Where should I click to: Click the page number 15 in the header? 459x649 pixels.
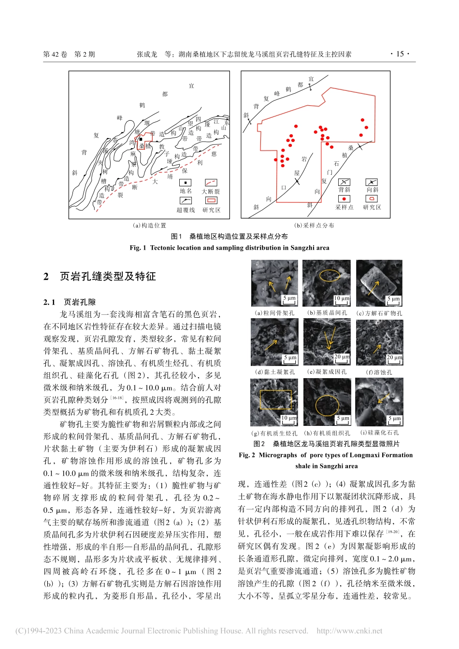click(400, 54)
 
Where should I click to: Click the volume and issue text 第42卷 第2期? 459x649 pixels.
click(69, 55)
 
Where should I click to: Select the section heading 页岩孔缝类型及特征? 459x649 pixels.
click(107, 276)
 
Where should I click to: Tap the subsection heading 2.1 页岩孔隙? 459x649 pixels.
click(70, 302)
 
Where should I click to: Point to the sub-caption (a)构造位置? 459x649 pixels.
click(149, 226)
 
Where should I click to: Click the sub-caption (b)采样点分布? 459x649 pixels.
click(314, 226)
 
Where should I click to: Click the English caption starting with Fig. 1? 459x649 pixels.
click(229, 248)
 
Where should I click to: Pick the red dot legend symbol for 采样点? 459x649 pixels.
click(344, 199)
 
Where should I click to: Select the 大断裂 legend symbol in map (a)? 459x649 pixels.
click(211, 183)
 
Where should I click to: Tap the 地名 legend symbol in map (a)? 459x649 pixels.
click(185, 183)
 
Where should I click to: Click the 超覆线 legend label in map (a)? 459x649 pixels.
click(186, 210)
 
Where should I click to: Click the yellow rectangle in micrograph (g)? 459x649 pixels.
click(275, 399)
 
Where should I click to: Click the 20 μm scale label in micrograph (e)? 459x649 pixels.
click(342, 357)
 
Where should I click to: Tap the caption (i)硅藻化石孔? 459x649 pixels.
click(379, 433)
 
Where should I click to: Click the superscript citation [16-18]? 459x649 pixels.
click(117, 398)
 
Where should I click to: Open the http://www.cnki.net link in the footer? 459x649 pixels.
click(349, 631)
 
